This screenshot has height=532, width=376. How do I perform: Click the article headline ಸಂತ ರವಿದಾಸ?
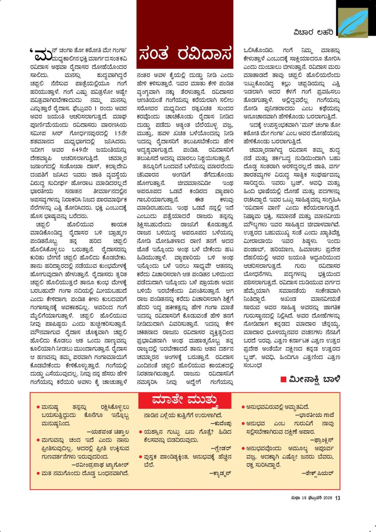pyautogui.click(x=185, y=55)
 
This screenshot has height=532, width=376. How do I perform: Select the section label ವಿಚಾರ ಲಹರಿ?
pyautogui.click(x=313, y=32)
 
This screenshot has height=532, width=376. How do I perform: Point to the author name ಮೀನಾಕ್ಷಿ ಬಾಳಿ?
pyautogui.click(x=314, y=379)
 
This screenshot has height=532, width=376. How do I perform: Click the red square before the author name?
pyautogui.click(x=284, y=380)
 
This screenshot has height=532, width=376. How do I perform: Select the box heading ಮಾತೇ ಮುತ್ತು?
pyautogui.click(x=185, y=400)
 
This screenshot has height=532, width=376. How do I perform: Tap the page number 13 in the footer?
pyautogui.click(x=337, y=498)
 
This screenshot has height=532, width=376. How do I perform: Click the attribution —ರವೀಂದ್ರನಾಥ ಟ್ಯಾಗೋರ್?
pyautogui.click(x=100, y=465)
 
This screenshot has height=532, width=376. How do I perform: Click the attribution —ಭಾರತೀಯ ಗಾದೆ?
pyautogui.click(x=315, y=415)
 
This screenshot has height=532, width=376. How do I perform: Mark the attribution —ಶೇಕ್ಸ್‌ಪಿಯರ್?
pyautogui.click(x=317, y=473)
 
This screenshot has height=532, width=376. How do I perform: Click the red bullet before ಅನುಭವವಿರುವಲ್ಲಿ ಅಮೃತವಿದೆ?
pyautogui.click(x=243, y=407)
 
